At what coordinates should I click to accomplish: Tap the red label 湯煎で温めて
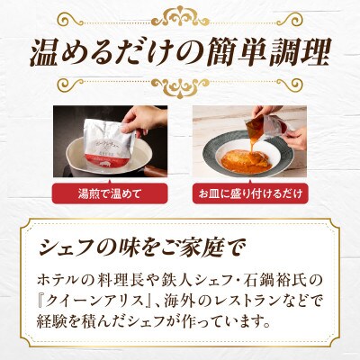point(110,193)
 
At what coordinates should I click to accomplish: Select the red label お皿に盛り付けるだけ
point(249,193)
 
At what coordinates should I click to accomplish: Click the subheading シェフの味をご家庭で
point(142,247)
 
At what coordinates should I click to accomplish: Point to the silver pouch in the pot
point(110,144)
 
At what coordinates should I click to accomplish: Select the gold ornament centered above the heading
point(180,17)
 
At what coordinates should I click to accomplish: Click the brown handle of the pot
point(155,172)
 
